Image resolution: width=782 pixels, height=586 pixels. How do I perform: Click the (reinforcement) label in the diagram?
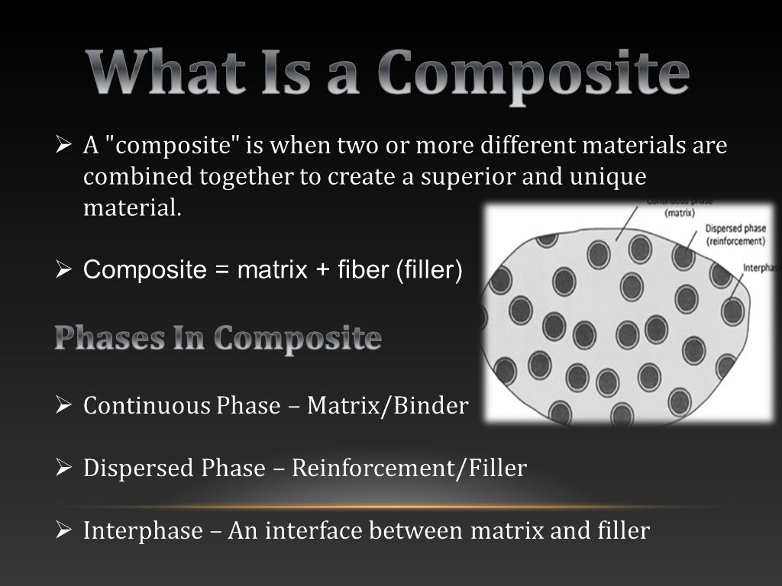[736, 241]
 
